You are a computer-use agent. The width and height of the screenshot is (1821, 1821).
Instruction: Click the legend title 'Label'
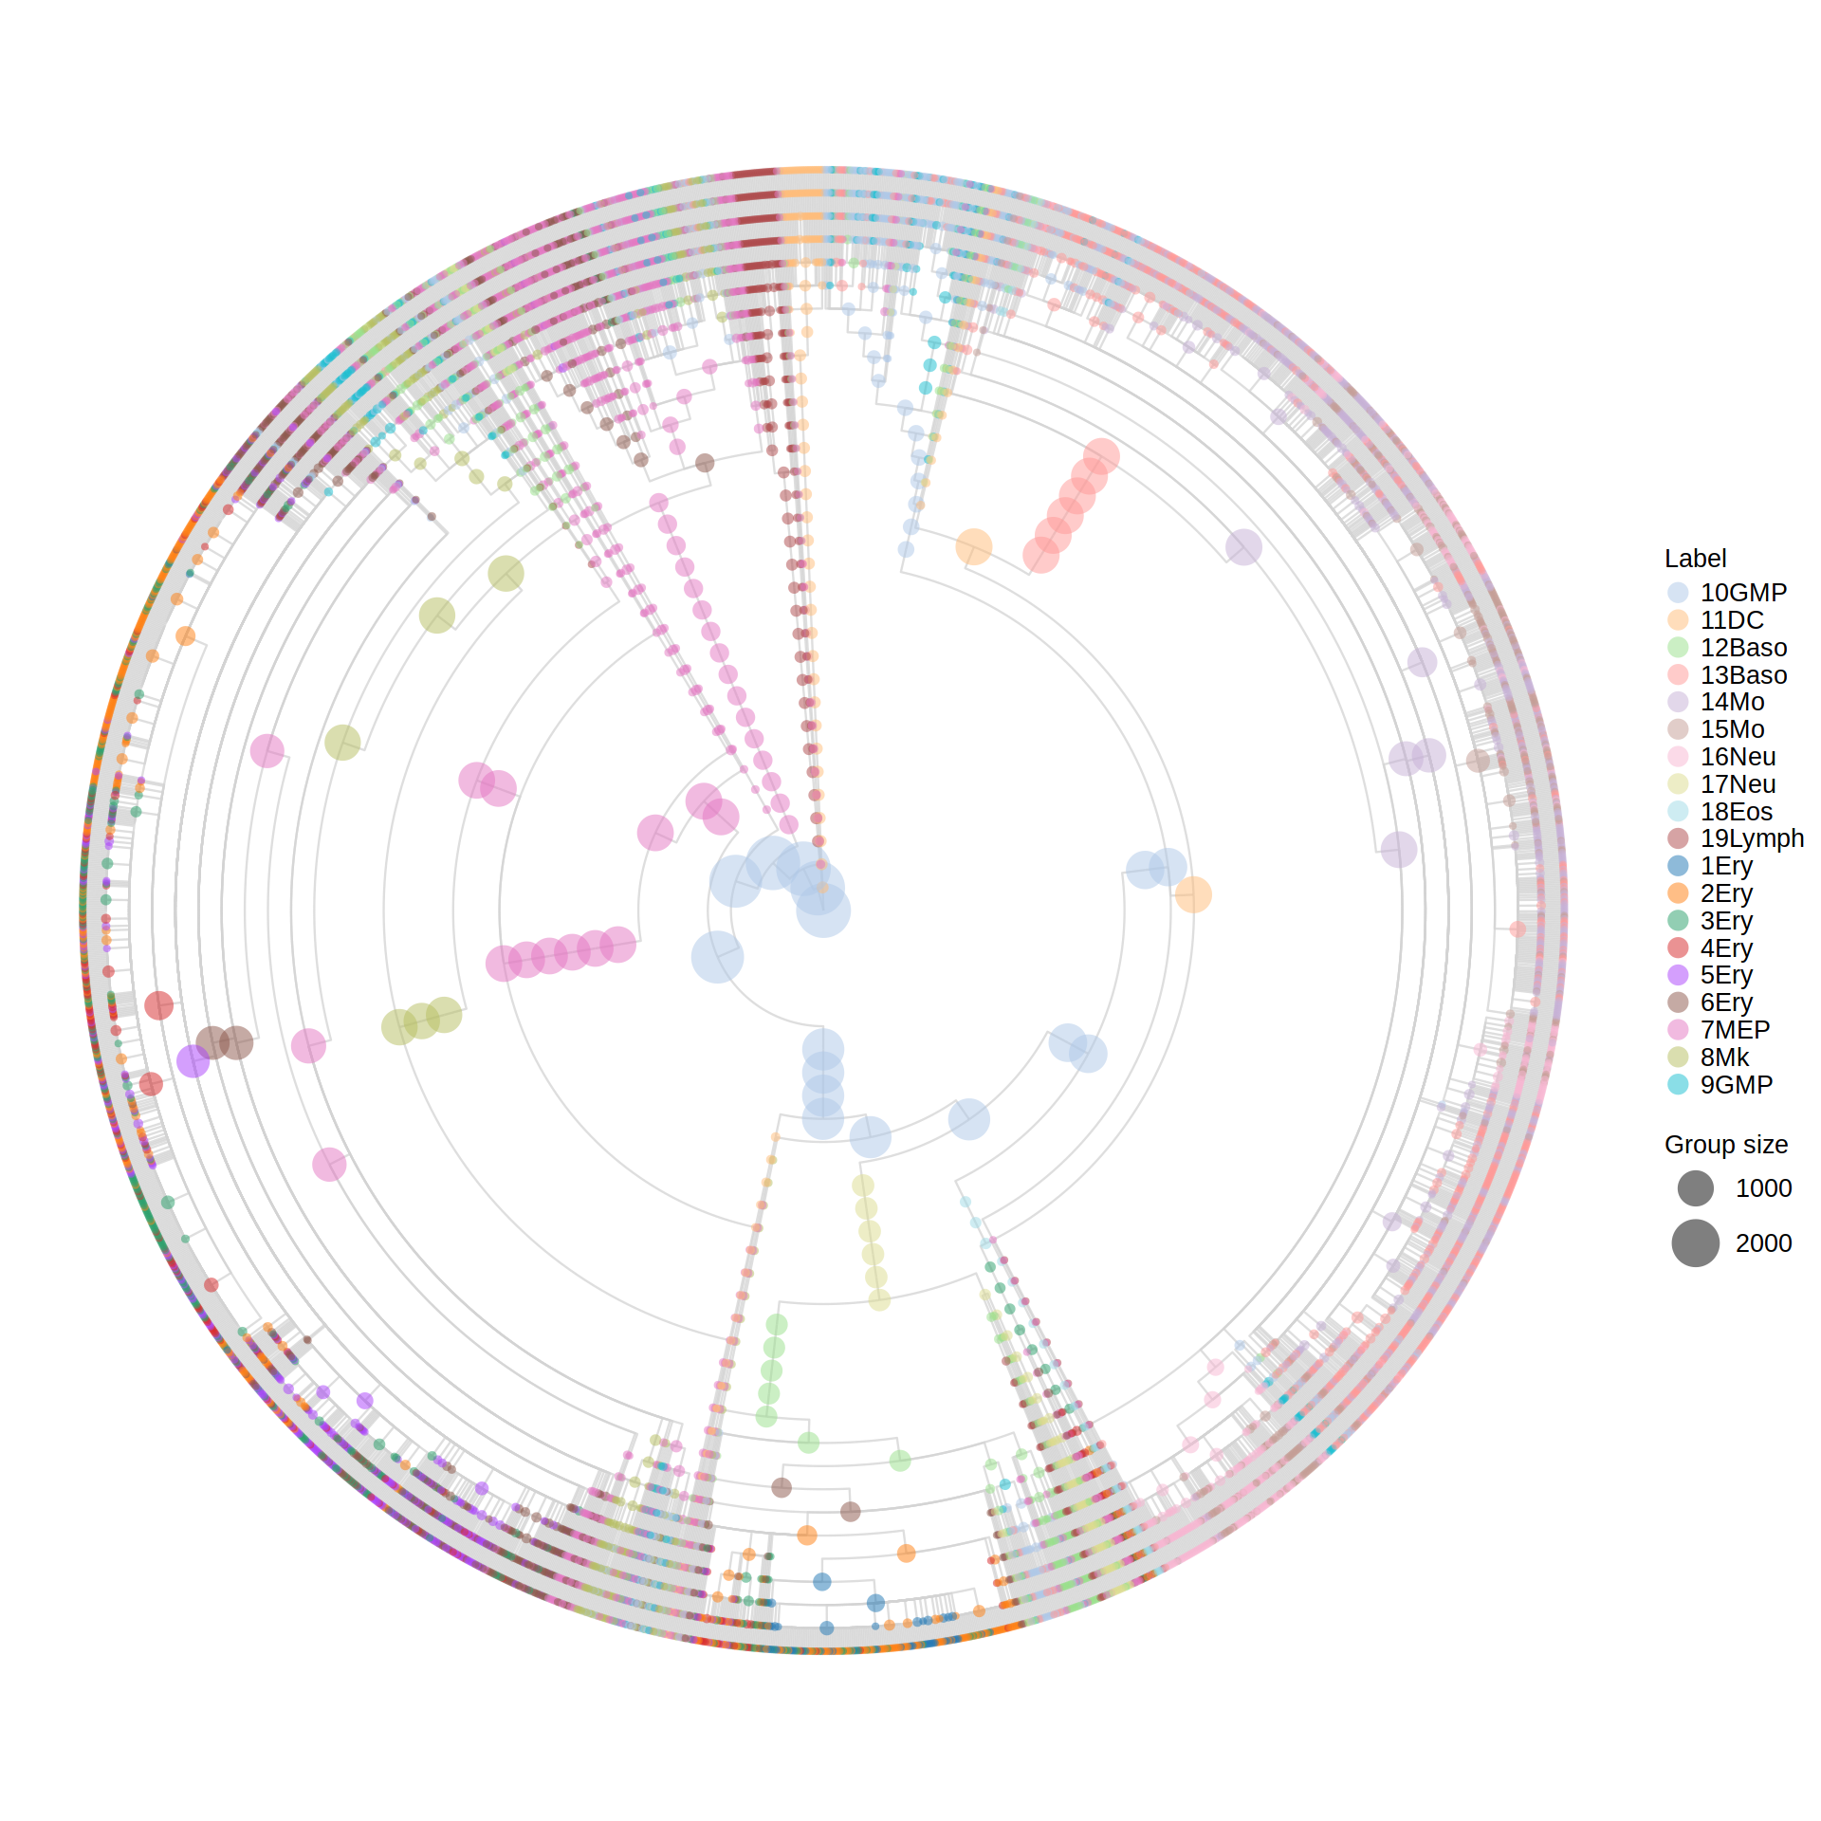(x=1695, y=559)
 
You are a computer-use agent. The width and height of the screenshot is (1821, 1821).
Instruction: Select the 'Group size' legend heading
(x=1726, y=1145)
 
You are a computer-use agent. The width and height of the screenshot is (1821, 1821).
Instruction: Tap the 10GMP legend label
(x=1743, y=593)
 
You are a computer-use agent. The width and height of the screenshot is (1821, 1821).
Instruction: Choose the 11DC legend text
(x=1732, y=620)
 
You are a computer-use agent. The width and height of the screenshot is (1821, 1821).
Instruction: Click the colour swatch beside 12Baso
(x=1678, y=648)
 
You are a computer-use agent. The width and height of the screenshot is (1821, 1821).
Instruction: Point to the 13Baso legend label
(x=1743, y=675)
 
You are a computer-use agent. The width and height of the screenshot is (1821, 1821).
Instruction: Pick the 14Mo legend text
(x=1732, y=702)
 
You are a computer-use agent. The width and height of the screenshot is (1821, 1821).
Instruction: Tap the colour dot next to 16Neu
(x=1678, y=757)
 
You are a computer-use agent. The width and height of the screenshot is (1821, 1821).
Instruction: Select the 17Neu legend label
(x=1738, y=784)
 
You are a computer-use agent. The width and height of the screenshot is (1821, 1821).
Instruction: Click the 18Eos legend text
(x=1737, y=812)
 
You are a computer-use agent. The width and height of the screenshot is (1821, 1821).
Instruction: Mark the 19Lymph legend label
(x=1752, y=838)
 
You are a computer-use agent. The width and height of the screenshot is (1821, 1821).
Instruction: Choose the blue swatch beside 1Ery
(x=1678, y=866)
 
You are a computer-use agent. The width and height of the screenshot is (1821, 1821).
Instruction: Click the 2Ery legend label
(x=1726, y=893)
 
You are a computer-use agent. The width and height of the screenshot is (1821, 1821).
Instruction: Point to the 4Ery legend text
(x=1726, y=948)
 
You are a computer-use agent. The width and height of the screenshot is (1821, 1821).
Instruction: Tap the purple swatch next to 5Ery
(x=1678, y=975)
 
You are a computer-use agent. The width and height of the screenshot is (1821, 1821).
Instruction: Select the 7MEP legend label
(x=1735, y=1030)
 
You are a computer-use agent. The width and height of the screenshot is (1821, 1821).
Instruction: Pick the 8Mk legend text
(x=1724, y=1058)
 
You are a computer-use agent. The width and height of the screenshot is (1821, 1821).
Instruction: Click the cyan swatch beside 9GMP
(x=1678, y=1084)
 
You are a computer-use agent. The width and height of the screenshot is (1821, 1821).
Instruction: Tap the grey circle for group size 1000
(x=1695, y=1188)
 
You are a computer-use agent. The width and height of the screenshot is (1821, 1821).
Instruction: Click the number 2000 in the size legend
(x=1763, y=1243)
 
